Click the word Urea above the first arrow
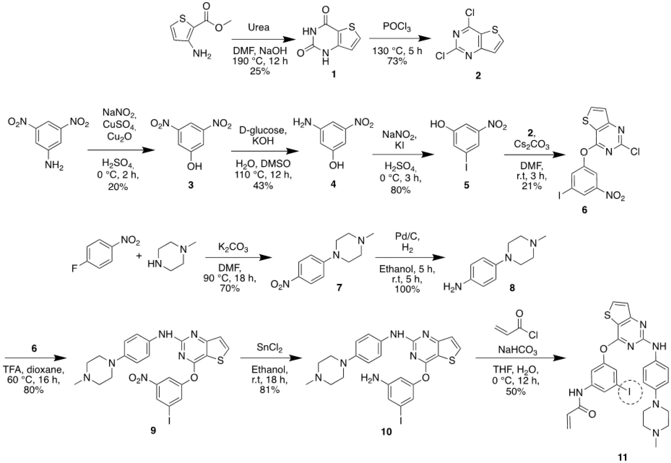[x=259, y=28]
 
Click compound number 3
[x=191, y=185]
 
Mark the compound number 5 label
[x=466, y=185]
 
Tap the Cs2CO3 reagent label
[x=532, y=144]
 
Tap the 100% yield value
[x=407, y=289]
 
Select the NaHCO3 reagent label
[x=517, y=351]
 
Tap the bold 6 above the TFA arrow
[x=34, y=348]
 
